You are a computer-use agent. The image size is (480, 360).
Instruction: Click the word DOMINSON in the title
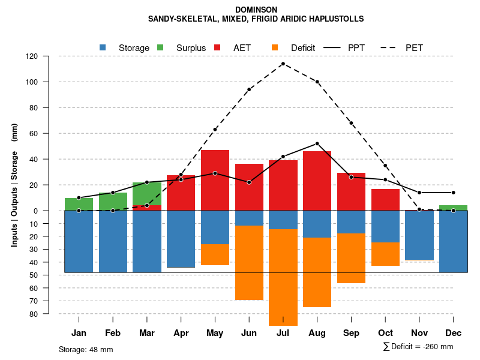pyautogui.click(x=256, y=10)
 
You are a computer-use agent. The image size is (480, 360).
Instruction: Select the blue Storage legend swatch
pyautogui.click(x=103, y=47)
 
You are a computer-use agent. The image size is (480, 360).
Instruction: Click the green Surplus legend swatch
pyautogui.click(x=160, y=47)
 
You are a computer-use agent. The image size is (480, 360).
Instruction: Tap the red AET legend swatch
pyautogui.click(x=217, y=47)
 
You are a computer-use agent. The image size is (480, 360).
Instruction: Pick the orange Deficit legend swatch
pyautogui.click(x=275, y=47)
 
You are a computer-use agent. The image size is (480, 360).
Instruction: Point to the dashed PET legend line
pyautogui.click(x=392, y=47)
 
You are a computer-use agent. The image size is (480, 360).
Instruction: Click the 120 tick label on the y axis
pyautogui.click(x=32, y=56)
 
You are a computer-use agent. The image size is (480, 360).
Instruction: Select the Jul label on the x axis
pyautogui.click(x=283, y=333)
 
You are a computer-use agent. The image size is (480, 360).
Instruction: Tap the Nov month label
pyautogui.click(x=419, y=333)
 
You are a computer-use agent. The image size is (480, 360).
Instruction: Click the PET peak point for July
pyautogui.click(x=283, y=64)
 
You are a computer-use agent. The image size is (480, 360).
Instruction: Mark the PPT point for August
pyautogui.click(x=317, y=143)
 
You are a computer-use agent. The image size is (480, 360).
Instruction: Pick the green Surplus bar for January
pyautogui.click(x=79, y=204)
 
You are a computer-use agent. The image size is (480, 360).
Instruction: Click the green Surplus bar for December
pyautogui.click(x=453, y=208)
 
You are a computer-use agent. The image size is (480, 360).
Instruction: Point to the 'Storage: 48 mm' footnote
pyautogui.click(x=86, y=349)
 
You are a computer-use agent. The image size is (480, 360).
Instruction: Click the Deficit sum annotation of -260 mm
pyautogui.click(x=418, y=347)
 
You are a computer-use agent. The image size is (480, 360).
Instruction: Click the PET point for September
pyautogui.click(x=351, y=123)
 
